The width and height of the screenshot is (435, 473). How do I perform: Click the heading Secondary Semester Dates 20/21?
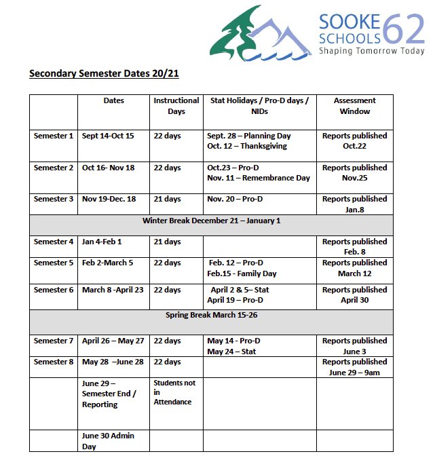104,73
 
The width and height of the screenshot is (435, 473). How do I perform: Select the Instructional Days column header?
176,106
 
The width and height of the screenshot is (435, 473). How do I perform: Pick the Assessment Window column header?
355,106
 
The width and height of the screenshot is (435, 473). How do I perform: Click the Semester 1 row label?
54,136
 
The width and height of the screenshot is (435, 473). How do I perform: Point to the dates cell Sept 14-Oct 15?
108,136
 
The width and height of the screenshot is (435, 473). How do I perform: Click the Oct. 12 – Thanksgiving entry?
247,146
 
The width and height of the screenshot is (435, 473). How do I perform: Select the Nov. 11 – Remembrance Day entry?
259,178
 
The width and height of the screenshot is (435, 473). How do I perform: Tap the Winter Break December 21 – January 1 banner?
211,221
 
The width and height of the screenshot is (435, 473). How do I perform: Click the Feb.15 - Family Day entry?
242,273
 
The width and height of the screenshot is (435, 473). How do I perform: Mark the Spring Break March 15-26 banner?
211,316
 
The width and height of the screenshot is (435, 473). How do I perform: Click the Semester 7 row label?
54,341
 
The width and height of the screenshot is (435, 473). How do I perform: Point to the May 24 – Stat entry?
231,352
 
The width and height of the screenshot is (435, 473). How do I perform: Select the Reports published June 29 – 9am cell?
355,367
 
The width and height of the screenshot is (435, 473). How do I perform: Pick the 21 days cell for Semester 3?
167,199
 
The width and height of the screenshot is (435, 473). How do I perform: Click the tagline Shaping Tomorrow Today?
372,51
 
